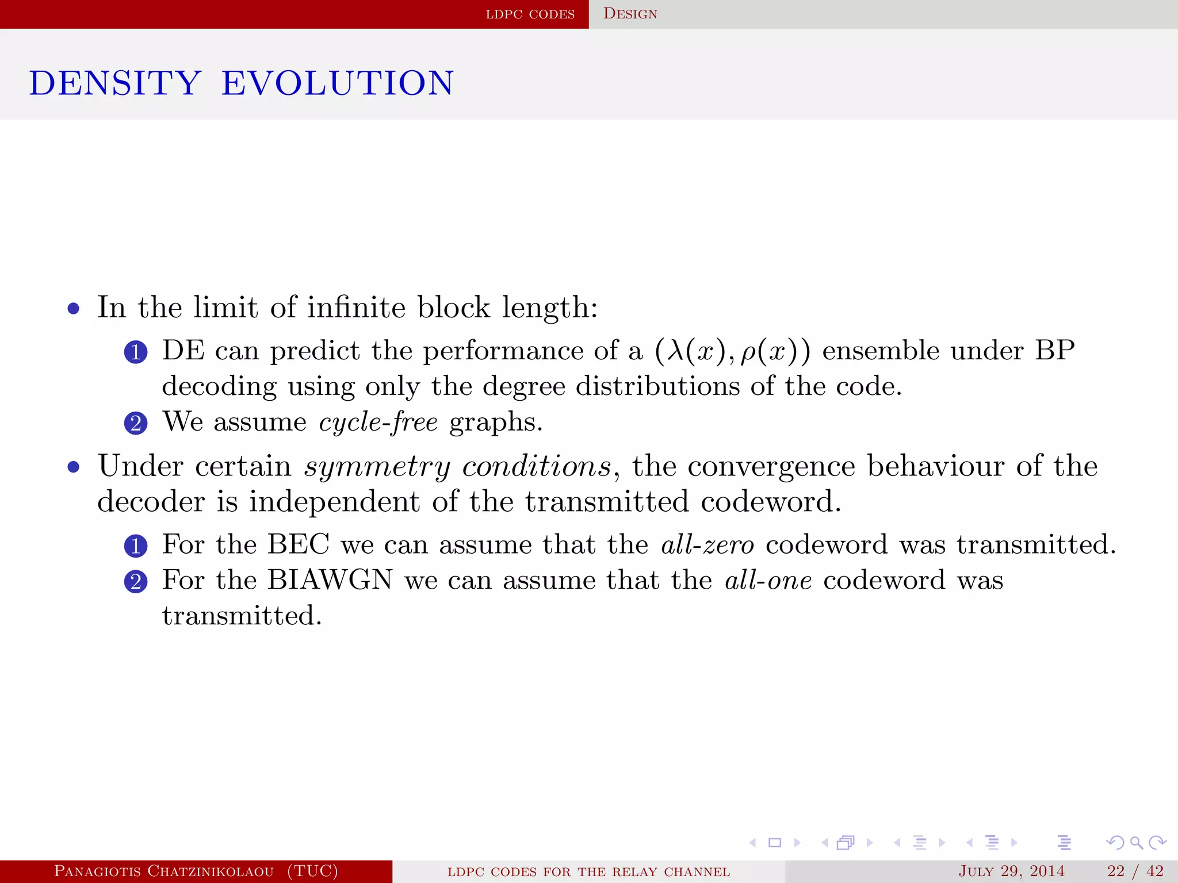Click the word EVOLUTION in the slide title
click(338, 83)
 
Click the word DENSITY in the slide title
click(115, 83)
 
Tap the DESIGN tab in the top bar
click(630, 14)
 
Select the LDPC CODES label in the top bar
click(530, 14)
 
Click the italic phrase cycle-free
click(378, 423)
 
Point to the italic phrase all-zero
click(707, 544)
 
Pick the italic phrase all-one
click(768, 580)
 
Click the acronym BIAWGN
click(330, 579)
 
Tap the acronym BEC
click(299, 544)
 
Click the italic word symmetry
click(377, 467)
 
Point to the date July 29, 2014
click(1011, 871)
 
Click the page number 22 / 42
click(1135, 871)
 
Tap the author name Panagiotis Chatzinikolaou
click(164, 871)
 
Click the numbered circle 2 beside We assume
click(136, 424)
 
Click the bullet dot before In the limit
click(73, 309)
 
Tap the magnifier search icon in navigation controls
click(1136, 843)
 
